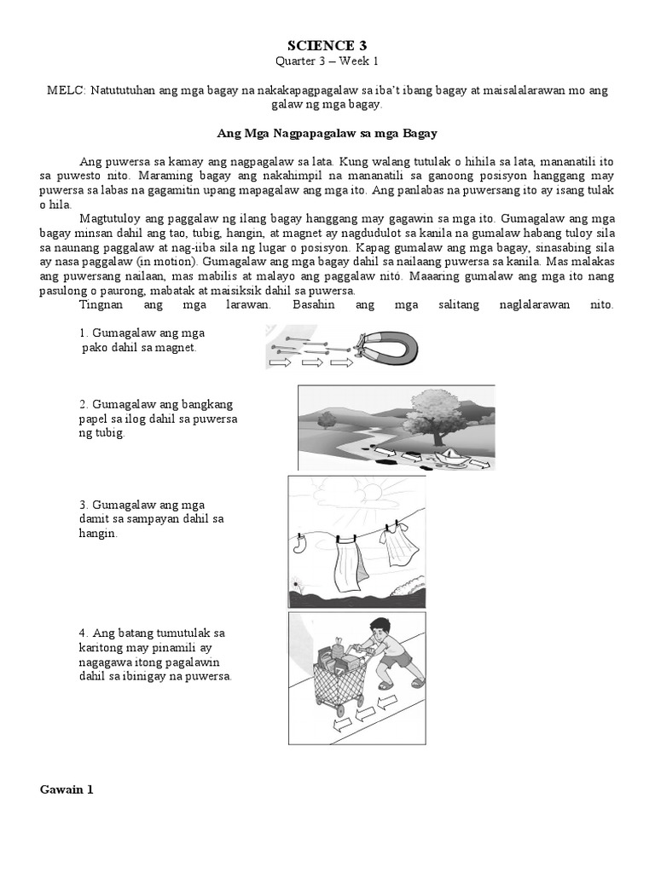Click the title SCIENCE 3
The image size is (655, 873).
[327, 44]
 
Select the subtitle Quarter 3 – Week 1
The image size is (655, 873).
[327, 61]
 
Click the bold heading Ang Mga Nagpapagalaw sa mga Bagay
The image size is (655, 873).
[327, 134]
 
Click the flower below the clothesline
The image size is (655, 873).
[296, 585]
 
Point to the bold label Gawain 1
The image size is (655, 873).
[67, 789]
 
